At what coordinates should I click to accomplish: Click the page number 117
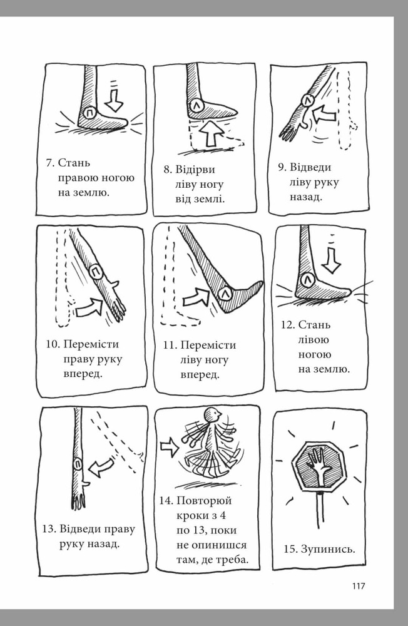[359, 586]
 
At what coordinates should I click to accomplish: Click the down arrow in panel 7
[115, 100]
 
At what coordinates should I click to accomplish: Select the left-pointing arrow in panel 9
[325, 115]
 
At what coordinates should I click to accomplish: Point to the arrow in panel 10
[88, 307]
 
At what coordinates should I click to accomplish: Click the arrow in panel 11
[196, 298]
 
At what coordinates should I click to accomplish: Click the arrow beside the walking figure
[169, 447]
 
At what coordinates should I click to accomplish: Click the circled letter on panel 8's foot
[196, 105]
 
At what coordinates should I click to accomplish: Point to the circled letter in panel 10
[96, 273]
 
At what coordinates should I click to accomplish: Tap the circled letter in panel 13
[78, 464]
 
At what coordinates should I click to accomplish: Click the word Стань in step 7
[74, 163]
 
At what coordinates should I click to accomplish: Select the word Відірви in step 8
[195, 170]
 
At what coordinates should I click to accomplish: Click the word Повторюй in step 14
[204, 501]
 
